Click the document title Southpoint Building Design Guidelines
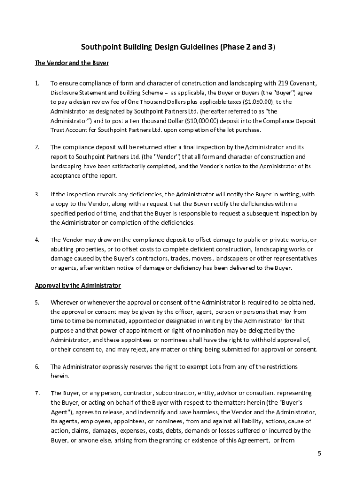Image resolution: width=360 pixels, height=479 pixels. click(x=178, y=47)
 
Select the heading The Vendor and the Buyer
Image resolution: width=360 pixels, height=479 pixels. click(x=72, y=63)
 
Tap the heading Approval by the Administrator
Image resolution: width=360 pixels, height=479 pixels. click(x=78, y=285)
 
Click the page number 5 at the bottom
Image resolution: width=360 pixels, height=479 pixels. click(x=319, y=454)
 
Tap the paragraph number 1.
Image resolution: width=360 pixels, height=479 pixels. click(x=37, y=83)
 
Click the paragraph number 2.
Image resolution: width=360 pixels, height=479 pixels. click(x=37, y=147)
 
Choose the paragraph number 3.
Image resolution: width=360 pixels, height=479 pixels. click(x=37, y=194)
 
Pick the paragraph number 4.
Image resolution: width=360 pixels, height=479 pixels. click(x=37, y=239)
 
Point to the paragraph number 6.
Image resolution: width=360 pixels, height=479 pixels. click(x=37, y=367)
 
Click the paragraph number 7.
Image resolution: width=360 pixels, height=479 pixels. click(x=37, y=393)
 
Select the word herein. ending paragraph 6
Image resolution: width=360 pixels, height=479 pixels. click(x=60, y=376)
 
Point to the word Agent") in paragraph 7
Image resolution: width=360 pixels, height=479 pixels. click(x=61, y=412)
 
